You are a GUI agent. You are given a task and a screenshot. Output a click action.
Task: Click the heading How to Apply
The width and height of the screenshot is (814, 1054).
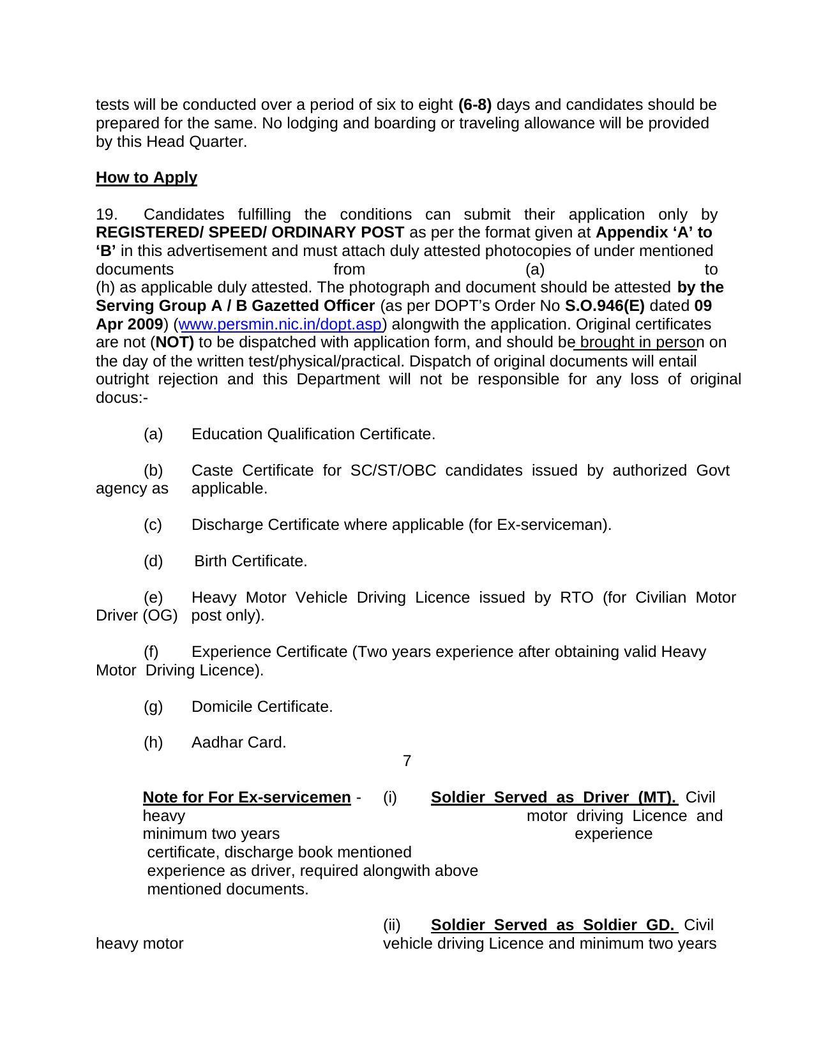[x=146, y=177]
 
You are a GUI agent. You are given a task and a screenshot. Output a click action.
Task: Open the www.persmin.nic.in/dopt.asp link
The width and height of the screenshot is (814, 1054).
[x=280, y=324]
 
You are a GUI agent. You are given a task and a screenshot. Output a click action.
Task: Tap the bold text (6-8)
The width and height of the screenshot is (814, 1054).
[x=475, y=105]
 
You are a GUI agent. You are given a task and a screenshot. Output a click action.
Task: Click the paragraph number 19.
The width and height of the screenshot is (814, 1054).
[x=107, y=215]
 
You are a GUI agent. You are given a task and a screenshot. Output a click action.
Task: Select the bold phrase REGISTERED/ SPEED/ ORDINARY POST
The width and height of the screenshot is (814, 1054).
[x=250, y=232]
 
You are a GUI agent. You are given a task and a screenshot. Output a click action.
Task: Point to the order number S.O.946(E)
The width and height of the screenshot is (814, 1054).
[x=604, y=306]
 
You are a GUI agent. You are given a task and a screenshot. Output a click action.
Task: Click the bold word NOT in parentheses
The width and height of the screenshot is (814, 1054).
[x=175, y=343]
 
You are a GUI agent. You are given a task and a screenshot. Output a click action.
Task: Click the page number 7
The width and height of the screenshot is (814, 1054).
[x=407, y=761]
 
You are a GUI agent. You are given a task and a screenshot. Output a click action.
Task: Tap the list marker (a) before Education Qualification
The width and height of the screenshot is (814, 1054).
[x=153, y=434]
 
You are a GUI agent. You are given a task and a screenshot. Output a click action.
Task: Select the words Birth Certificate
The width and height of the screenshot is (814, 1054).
[x=250, y=561]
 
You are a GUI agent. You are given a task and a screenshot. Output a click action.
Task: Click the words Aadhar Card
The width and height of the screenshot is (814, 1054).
[x=239, y=742]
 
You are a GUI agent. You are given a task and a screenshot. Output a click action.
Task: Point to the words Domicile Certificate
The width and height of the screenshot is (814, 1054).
[x=262, y=707]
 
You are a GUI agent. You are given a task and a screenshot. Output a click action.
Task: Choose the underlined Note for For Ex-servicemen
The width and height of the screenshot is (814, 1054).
[x=246, y=797]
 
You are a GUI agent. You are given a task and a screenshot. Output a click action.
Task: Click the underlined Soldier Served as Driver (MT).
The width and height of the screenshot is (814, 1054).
[x=554, y=797]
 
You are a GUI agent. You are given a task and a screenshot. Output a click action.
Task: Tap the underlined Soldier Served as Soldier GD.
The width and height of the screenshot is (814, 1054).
[x=553, y=925]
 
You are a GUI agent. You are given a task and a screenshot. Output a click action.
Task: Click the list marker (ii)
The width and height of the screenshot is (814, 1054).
[x=391, y=925]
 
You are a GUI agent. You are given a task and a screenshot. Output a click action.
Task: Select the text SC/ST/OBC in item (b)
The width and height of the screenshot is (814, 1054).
[x=393, y=471]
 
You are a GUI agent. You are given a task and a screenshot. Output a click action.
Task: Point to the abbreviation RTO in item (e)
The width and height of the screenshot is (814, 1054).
[x=577, y=598]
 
